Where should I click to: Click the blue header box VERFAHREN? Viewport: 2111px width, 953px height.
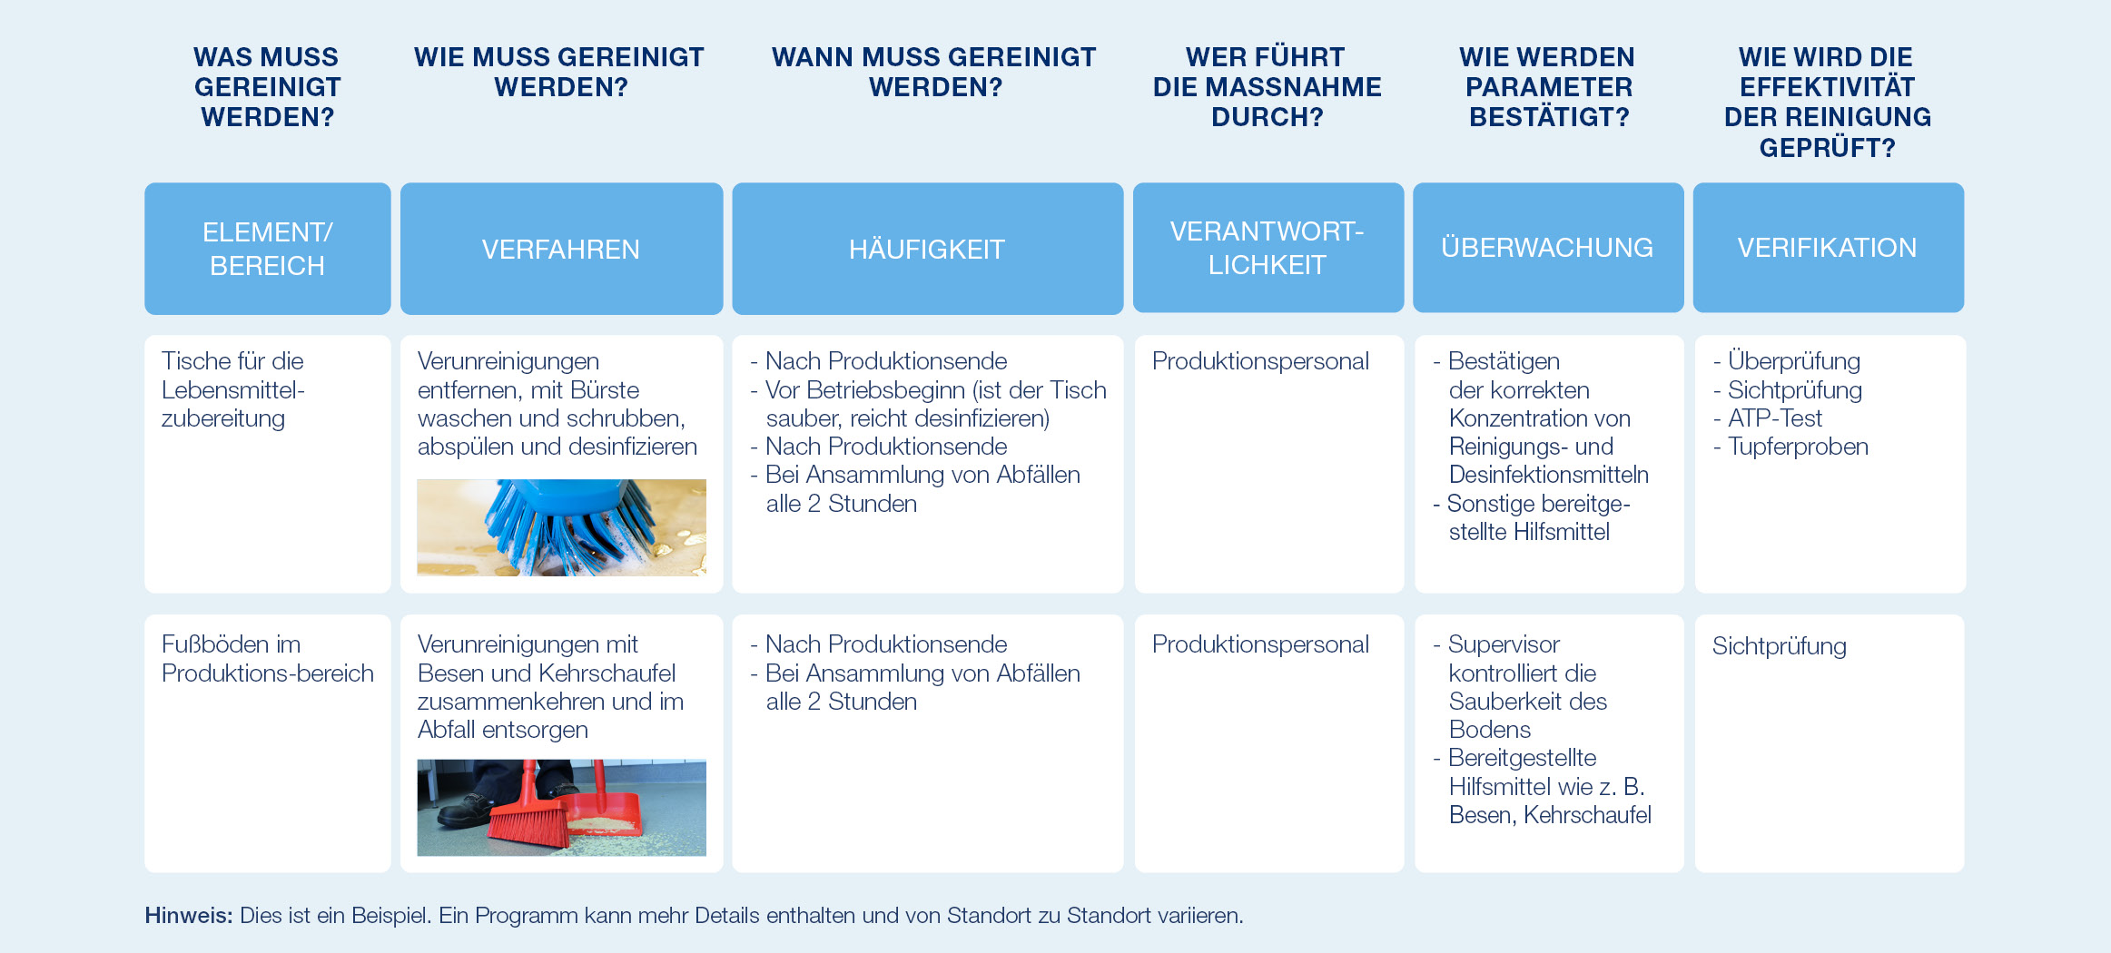pos(561,249)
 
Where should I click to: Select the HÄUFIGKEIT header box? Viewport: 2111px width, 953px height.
pos(927,249)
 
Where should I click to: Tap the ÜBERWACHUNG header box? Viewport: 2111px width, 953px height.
pos(1547,247)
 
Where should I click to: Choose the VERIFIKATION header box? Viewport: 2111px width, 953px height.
pos(1827,247)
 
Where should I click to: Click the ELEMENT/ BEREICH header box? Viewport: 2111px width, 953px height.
pos(267,249)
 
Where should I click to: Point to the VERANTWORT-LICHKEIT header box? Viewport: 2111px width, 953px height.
pos(1268,247)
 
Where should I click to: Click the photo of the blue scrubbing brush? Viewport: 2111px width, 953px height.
pos(561,526)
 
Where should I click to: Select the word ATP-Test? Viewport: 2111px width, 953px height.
pos(1774,418)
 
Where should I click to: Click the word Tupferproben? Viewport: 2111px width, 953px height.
pos(1797,447)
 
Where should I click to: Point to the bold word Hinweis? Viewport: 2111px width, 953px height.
pos(189,915)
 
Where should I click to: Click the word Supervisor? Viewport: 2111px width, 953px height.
pos(1504,644)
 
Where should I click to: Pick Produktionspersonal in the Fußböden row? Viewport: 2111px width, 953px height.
pos(1260,644)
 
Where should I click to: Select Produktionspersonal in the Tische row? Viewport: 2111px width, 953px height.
pos(1260,361)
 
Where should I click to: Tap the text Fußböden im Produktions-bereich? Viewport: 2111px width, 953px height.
pos(267,659)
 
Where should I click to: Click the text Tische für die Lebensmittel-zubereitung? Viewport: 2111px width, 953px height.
pos(232,389)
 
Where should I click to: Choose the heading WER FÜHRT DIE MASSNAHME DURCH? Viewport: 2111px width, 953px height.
pos(1268,87)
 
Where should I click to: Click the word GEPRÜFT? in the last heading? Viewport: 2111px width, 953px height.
pos(1827,148)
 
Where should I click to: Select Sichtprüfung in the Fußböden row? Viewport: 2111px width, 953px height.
pos(1779,646)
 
